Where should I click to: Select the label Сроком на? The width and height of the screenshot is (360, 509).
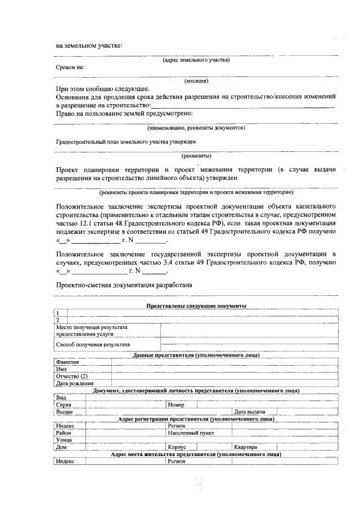70,67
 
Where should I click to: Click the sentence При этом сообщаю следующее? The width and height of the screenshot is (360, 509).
102,89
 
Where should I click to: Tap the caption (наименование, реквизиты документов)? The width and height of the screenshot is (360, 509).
196,128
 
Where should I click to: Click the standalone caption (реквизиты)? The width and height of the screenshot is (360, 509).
196,155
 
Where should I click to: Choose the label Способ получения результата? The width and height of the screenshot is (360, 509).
93,344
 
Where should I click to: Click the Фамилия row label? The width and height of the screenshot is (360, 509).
68,362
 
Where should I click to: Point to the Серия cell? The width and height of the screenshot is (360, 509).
63,404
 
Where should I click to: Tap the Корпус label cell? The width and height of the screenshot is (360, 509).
178,447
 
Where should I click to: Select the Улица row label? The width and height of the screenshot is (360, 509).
64,440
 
